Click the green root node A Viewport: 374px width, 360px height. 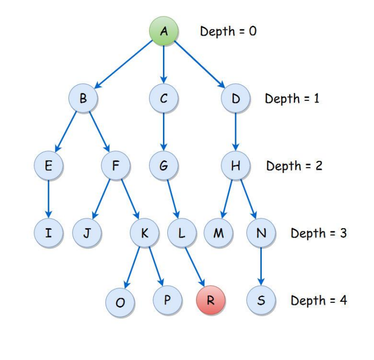pyautogui.click(x=163, y=31)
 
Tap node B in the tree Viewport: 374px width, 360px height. pyautogui.click(x=83, y=98)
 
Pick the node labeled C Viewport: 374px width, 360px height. pyautogui.click(x=163, y=98)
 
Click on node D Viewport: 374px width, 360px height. pyautogui.click(x=236, y=98)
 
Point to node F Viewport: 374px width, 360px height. pyautogui.click(x=115, y=166)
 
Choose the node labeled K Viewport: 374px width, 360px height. pyautogui.click(x=144, y=233)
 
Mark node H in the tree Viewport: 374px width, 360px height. pyautogui.click(x=236, y=166)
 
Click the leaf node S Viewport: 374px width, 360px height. pyautogui.click(x=261, y=300)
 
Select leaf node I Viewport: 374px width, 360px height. pyautogui.click(x=48, y=233)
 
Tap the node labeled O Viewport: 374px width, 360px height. pyautogui.click(x=120, y=302)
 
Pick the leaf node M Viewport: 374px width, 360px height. pyautogui.click(x=218, y=233)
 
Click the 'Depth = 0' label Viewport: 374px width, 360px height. pyautogui.click(x=228, y=31)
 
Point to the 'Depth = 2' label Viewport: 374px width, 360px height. pyautogui.click(x=294, y=166)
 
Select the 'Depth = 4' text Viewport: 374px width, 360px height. pyautogui.click(x=318, y=300)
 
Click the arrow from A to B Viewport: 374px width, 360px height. pyautogui.click(x=124, y=64)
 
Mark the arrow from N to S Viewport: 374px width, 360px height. pyautogui.click(x=261, y=267)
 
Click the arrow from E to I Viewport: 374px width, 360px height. pyautogui.click(x=48, y=199)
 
